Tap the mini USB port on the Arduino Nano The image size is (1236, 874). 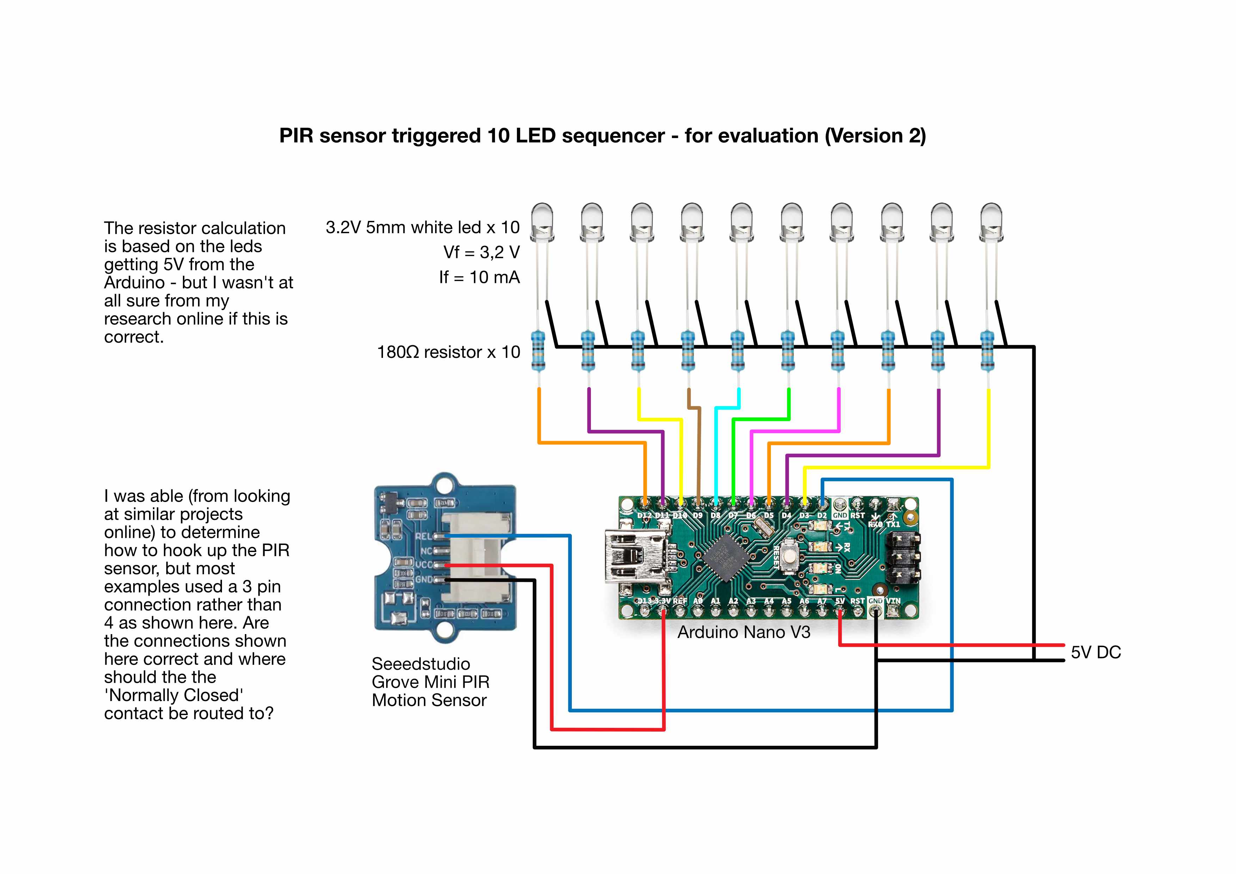[x=635, y=556]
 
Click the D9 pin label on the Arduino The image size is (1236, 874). [x=698, y=515]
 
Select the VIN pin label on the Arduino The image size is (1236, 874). [x=893, y=601]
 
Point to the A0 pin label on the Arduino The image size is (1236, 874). [x=698, y=601]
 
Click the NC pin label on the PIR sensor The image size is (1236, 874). [x=426, y=551]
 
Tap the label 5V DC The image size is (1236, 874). [x=1095, y=652]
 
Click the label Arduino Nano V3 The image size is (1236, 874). [x=743, y=632]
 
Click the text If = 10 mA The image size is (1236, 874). [x=479, y=277]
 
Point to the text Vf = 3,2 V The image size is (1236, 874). [x=481, y=252]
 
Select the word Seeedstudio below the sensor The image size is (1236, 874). [x=420, y=664]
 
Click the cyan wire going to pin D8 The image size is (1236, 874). [x=716, y=452]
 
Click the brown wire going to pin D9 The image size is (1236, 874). [x=699, y=452]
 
